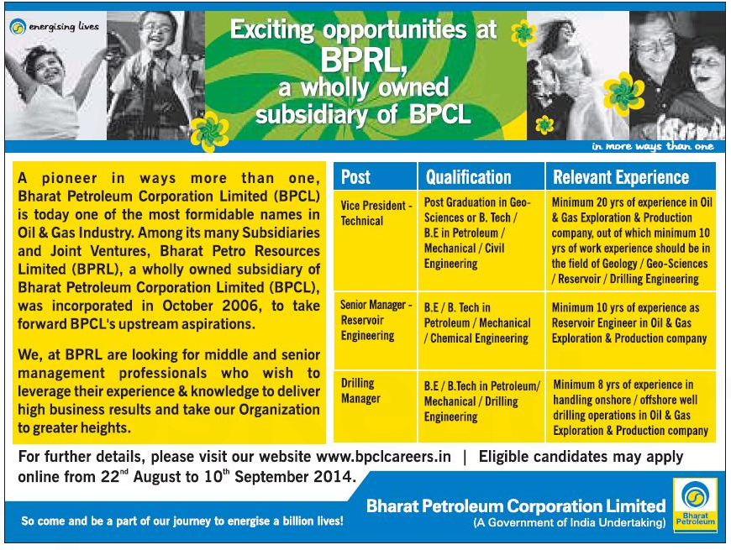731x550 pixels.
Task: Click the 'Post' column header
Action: [x=355, y=177]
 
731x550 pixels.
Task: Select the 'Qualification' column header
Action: [x=468, y=177]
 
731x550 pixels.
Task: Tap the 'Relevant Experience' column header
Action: [x=620, y=177]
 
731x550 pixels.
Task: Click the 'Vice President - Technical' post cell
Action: [x=376, y=213]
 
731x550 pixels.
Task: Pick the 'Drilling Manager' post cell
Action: [x=360, y=390]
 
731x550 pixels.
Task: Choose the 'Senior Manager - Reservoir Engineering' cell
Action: [x=376, y=321]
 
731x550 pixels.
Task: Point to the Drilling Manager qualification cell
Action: [x=481, y=401]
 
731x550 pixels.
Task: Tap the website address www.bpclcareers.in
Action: [x=384, y=457]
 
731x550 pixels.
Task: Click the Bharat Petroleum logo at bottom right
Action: [x=695, y=504]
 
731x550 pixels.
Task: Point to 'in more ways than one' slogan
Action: [x=652, y=147]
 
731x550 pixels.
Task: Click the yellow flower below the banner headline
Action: [x=209, y=130]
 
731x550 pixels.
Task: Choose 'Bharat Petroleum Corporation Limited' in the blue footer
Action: [x=516, y=505]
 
